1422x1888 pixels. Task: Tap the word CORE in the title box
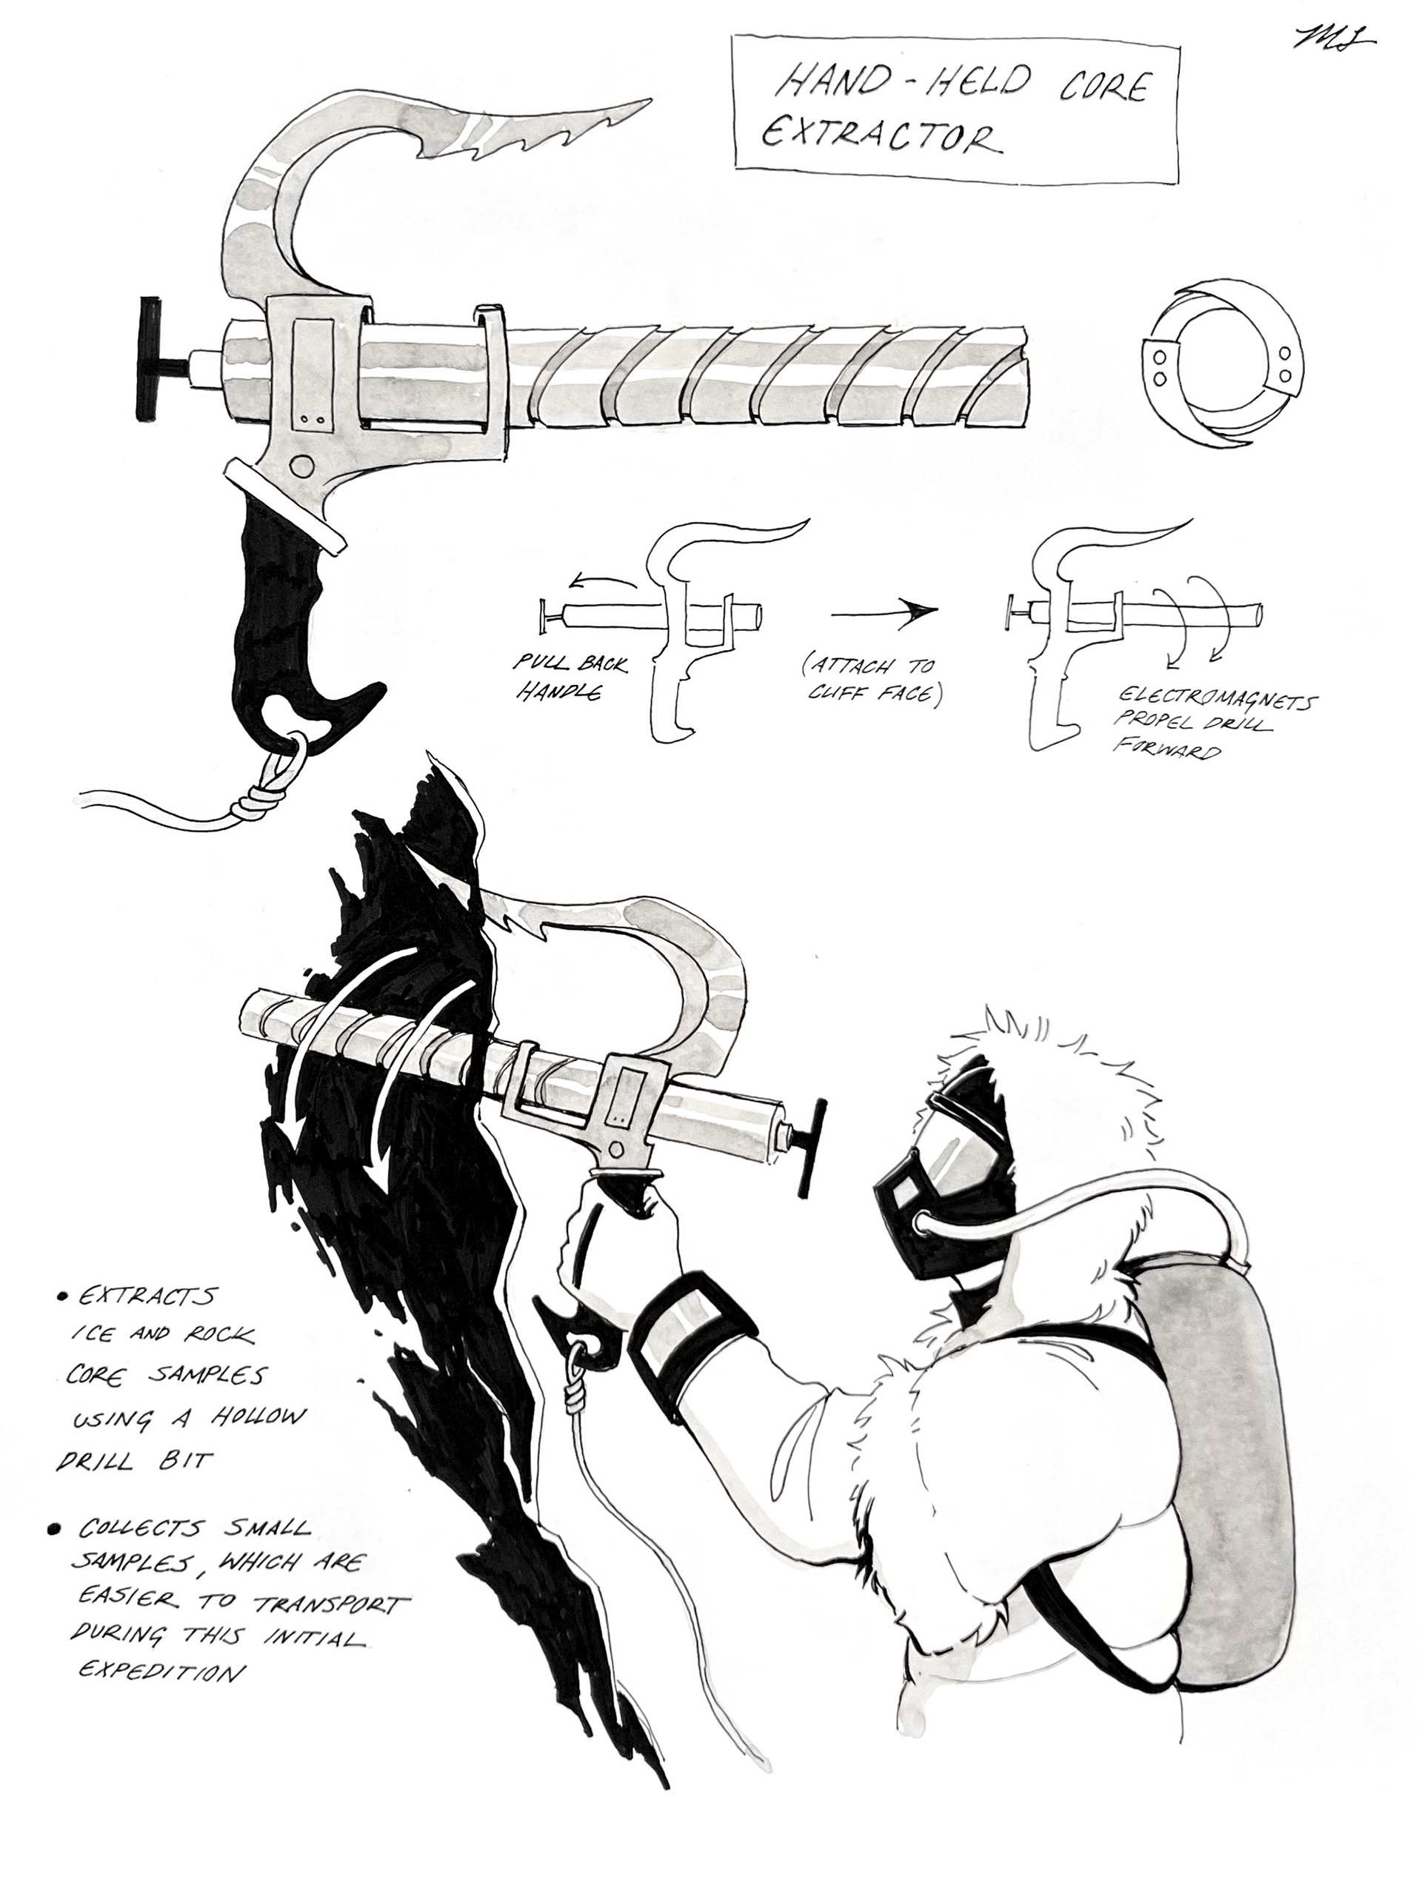pyautogui.click(x=1104, y=86)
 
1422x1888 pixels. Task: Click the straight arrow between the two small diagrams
pyautogui.click(x=884, y=610)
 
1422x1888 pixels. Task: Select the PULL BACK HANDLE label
pyautogui.click(x=567, y=677)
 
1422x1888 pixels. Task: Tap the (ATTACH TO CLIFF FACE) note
pyautogui.click(x=871, y=680)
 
